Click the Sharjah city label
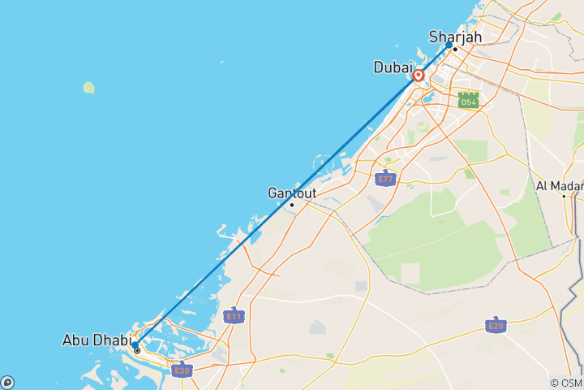(x=455, y=37)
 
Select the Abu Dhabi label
(x=94, y=340)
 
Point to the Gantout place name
(x=292, y=193)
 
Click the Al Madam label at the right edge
(x=560, y=185)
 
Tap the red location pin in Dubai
(x=419, y=76)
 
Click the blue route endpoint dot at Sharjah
(x=449, y=45)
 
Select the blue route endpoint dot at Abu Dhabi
(x=134, y=344)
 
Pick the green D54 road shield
(x=468, y=100)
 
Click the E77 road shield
(x=386, y=178)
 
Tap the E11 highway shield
(x=234, y=315)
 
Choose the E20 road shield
(x=496, y=325)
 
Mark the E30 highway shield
(x=182, y=370)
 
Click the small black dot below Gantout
(x=292, y=205)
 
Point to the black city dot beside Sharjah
(x=456, y=50)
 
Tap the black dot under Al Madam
(x=564, y=196)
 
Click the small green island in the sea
(x=88, y=86)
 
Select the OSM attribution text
(x=565, y=383)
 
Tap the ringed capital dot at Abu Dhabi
(x=137, y=351)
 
